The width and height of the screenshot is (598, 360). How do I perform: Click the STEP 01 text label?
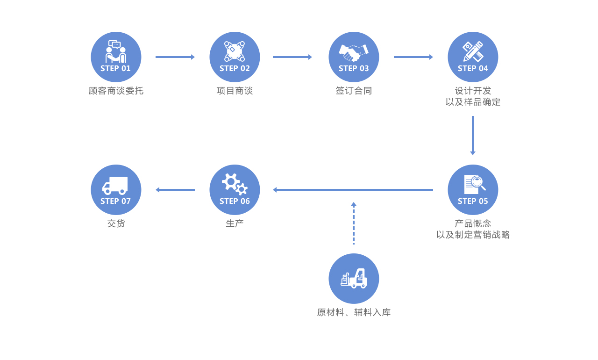[115, 68]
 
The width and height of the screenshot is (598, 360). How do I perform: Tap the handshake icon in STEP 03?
[354, 52]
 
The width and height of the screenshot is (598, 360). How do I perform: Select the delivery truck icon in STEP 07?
[115, 185]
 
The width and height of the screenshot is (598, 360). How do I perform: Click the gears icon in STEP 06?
[235, 184]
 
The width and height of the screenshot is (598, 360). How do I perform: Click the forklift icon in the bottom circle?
[354, 279]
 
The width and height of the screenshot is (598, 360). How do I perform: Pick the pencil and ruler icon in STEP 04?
[473, 51]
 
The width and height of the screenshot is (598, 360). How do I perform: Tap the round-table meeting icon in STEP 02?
[235, 51]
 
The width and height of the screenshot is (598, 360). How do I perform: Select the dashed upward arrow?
[354, 223]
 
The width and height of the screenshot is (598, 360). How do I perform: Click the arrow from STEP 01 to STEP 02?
[175, 57]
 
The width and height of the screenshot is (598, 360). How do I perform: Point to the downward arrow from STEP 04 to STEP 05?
[473, 136]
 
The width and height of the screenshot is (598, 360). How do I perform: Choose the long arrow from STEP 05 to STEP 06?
[353, 190]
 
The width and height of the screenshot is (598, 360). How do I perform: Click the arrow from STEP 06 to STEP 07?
[175, 190]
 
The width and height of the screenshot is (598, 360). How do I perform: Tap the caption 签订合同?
[354, 91]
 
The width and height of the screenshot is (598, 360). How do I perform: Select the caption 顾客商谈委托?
[116, 91]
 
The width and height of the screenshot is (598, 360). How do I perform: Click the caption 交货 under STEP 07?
[116, 223]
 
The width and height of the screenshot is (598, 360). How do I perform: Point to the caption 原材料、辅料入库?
[354, 312]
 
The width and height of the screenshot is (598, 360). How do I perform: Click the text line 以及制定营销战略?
[473, 235]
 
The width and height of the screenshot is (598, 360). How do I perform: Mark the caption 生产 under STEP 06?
[235, 223]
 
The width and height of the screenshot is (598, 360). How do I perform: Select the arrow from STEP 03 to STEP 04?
[413, 57]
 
